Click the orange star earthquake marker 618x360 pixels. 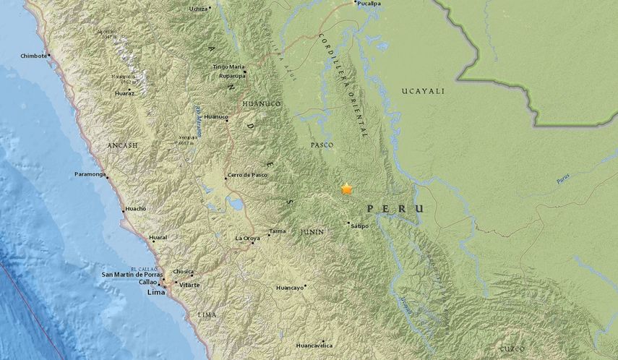tap(347, 189)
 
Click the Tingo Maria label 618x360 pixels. tap(228, 67)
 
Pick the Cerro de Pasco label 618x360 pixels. tap(248, 176)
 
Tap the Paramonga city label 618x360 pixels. tap(90, 174)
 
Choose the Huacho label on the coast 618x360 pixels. tap(135, 209)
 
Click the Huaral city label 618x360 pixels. tap(158, 237)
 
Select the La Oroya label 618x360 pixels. tap(247, 238)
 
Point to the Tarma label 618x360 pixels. tap(278, 231)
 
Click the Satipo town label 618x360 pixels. tap(359, 226)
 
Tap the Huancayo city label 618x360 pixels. tap(290, 288)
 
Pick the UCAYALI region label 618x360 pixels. tap(423, 91)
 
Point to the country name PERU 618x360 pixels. tap(395, 208)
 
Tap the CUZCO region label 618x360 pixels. tap(512, 349)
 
